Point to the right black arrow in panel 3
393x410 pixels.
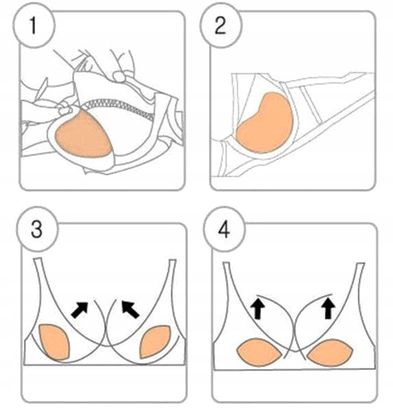point(130,309)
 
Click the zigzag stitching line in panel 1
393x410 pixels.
point(117,108)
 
